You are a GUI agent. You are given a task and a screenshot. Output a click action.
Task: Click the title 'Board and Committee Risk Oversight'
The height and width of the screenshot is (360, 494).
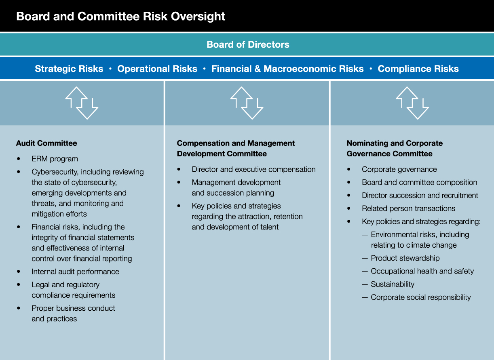click(120, 17)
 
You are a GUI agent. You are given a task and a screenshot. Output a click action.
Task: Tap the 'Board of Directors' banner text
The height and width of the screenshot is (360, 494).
click(248, 44)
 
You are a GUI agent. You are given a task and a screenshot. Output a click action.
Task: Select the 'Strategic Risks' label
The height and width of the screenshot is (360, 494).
click(69, 69)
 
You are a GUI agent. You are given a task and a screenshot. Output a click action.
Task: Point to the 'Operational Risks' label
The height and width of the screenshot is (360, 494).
click(157, 69)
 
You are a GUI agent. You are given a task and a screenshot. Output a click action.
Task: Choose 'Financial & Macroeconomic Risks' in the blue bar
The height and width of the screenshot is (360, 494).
click(287, 69)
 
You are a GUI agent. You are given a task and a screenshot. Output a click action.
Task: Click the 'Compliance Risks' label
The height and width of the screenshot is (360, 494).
click(418, 69)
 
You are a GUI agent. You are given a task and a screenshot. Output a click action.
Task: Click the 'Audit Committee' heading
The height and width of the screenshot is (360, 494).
click(46, 143)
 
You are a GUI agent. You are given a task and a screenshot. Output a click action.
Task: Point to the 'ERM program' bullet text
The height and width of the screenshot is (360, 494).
click(55, 159)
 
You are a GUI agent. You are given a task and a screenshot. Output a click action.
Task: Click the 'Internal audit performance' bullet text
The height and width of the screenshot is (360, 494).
click(75, 272)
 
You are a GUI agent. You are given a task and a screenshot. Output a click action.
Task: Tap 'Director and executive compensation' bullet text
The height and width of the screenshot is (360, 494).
click(253, 169)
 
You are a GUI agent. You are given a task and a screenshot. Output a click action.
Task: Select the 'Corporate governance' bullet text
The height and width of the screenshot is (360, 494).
click(399, 169)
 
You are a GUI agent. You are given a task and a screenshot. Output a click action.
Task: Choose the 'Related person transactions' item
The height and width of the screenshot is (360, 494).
click(408, 208)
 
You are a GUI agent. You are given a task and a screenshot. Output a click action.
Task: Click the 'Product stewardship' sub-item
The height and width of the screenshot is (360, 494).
click(405, 258)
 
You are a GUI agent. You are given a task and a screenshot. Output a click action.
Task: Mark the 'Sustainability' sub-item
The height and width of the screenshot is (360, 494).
click(393, 284)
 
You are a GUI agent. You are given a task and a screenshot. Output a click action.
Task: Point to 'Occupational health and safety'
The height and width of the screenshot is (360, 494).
click(422, 271)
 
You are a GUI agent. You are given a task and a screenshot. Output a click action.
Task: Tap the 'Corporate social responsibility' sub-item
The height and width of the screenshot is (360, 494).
click(421, 297)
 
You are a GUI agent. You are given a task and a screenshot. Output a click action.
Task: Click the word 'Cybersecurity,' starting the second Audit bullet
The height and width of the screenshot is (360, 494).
click(55, 172)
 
